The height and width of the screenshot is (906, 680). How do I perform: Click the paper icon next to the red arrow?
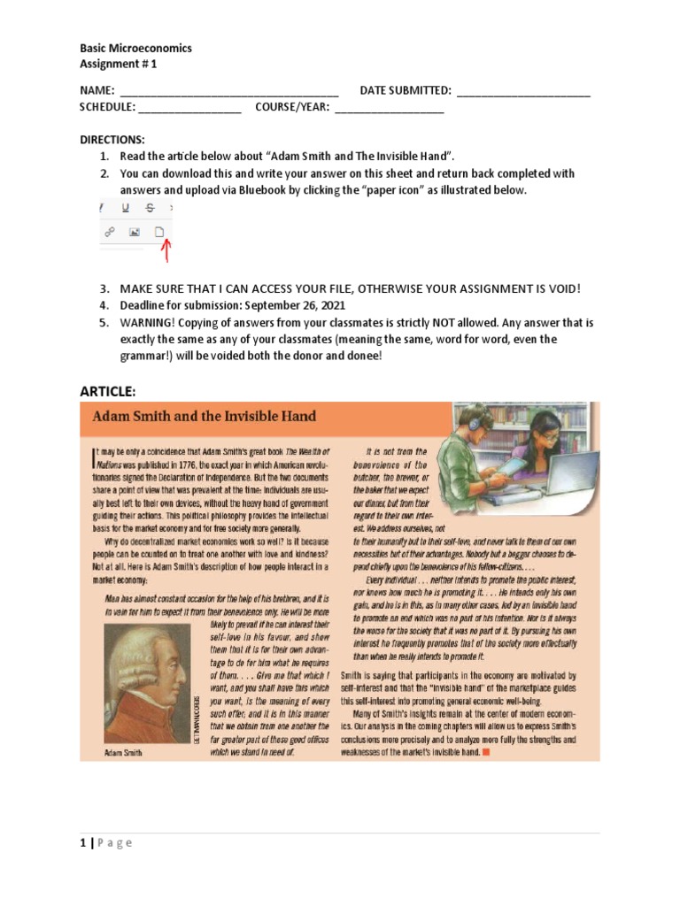[x=159, y=232]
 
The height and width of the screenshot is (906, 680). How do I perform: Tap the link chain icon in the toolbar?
[x=110, y=232]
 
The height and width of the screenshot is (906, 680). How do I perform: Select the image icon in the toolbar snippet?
[x=135, y=232]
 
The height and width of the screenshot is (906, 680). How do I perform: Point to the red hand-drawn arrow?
[x=164, y=254]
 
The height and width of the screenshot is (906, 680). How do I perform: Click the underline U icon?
[x=125, y=208]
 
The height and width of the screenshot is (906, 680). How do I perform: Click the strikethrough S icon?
[x=150, y=208]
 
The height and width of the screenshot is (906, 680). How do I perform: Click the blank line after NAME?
[x=228, y=91]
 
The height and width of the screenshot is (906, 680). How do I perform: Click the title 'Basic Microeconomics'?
[x=135, y=48]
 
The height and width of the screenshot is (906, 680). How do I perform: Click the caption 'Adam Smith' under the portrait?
[x=123, y=754]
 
